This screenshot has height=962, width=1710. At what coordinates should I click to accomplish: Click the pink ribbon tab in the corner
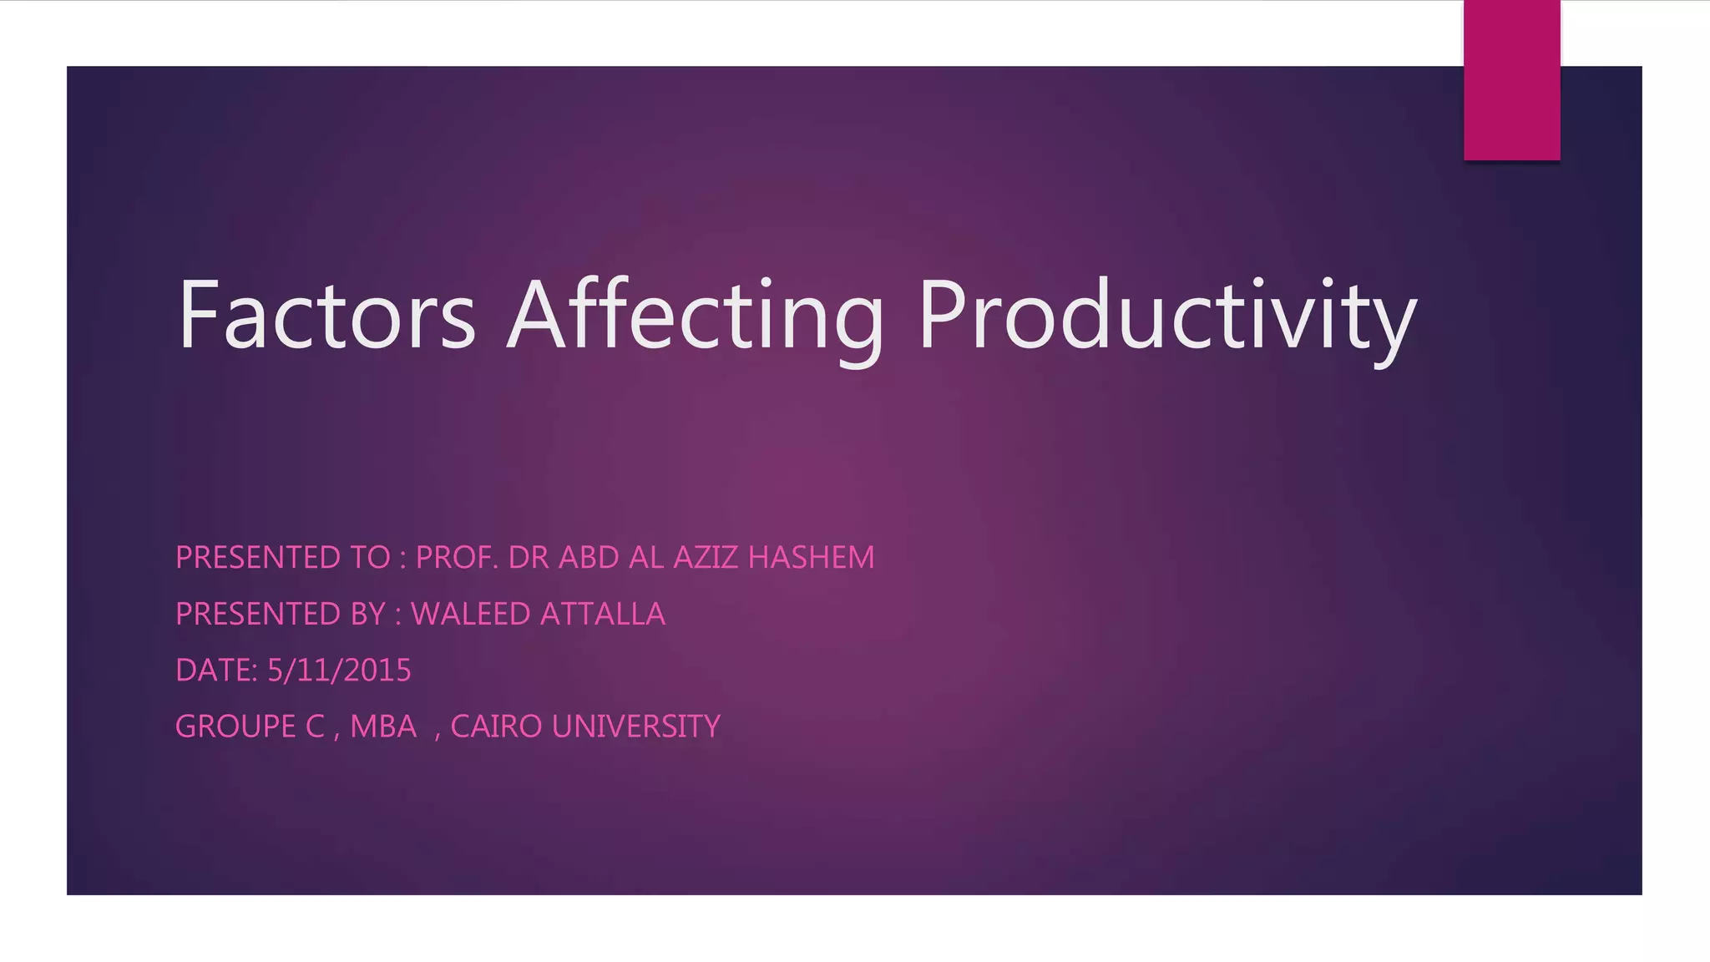click(1511, 80)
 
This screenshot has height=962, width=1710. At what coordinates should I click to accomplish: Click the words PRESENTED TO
click(282, 558)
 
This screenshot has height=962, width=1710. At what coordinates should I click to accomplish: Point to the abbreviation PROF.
click(457, 558)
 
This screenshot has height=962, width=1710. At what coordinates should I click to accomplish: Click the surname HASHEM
click(811, 558)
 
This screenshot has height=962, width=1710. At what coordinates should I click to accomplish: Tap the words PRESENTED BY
click(281, 615)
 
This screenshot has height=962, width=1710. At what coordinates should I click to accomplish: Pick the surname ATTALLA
click(602, 615)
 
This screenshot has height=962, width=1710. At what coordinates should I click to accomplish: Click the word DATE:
click(216, 671)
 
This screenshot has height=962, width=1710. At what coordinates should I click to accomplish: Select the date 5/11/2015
click(339, 671)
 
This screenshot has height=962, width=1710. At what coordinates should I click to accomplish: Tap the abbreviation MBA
click(383, 727)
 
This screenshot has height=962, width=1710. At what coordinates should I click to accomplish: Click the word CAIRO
click(496, 727)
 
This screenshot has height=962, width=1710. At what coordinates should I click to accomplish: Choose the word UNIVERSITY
click(635, 727)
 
